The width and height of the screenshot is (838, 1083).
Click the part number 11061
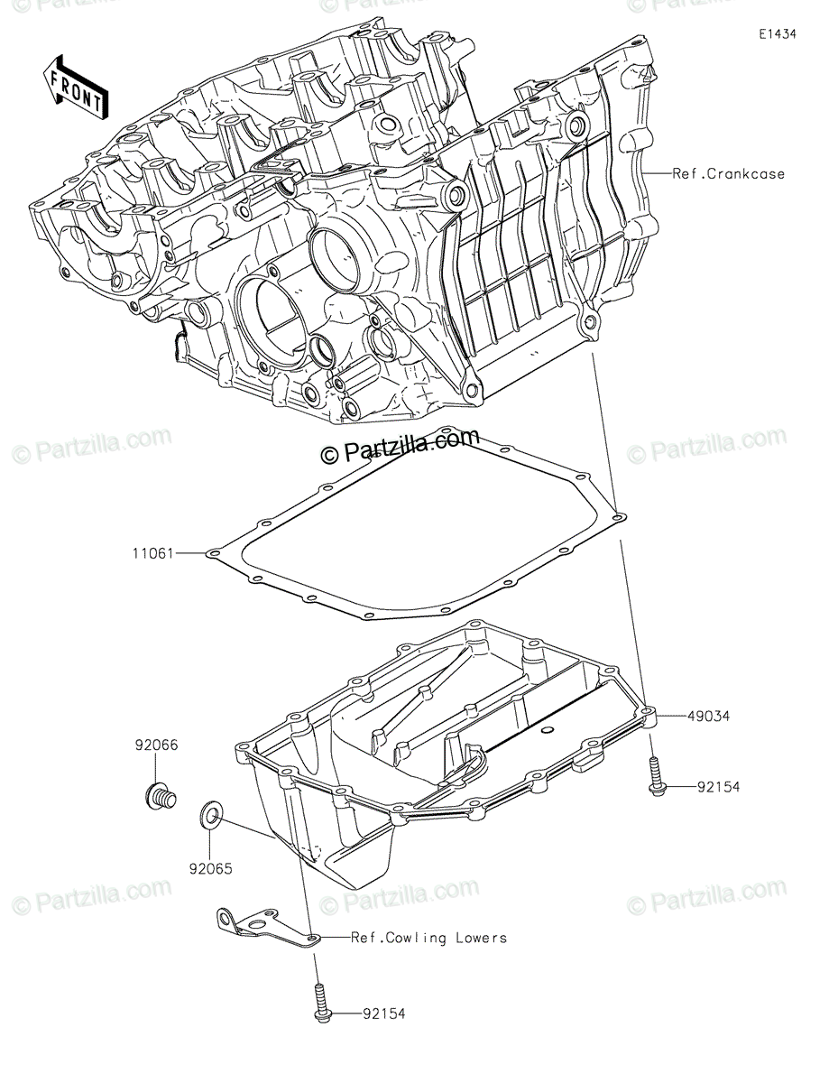pos(152,553)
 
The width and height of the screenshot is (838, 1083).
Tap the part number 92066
pos(156,745)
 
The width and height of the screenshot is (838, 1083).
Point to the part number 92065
pos(210,869)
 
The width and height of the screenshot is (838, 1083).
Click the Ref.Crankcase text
pos(729,174)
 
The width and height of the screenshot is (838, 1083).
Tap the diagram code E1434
pos(778,34)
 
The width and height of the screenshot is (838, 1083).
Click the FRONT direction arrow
pos(75,88)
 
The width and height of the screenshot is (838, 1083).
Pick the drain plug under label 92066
pos(160,796)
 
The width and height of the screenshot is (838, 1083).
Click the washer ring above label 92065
pos(209,814)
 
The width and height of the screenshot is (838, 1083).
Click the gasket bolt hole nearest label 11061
pos(213,553)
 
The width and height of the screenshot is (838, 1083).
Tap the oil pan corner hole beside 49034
pos(648,711)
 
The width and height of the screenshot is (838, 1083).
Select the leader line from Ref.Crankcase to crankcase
pos(657,173)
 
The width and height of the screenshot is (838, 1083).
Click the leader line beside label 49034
pos(672,717)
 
